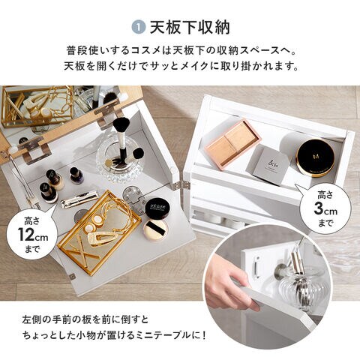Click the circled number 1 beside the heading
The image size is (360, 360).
(138, 28)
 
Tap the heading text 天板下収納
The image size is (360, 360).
(190, 28)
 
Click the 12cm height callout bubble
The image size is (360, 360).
(32, 235)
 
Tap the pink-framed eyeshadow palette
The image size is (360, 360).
(232, 145)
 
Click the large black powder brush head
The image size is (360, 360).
(121, 125)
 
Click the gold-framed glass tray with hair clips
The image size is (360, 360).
(99, 232)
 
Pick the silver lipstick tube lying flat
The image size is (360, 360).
(79, 199)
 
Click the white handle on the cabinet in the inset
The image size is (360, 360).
(255, 265)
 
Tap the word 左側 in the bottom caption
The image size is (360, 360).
(32, 319)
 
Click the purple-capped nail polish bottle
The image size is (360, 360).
(75, 175)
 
